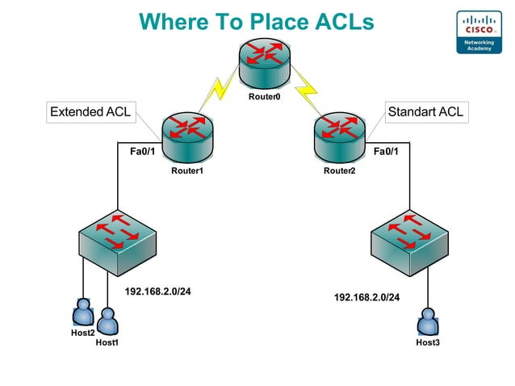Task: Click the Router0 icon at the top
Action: (x=265, y=63)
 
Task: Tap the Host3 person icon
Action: (x=427, y=325)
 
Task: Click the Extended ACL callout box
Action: (x=90, y=112)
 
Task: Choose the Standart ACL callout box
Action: (x=425, y=112)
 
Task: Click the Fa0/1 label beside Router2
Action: (x=386, y=150)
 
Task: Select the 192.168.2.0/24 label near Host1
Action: (x=157, y=292)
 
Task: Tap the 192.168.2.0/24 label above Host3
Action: (x=367, y=297)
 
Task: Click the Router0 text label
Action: (x=264, y=99)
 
